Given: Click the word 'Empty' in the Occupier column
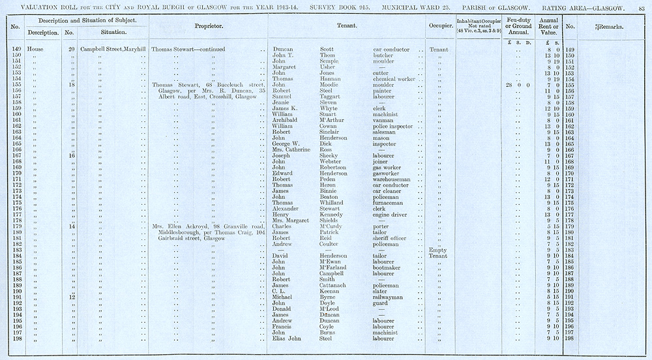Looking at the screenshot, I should (438, 250).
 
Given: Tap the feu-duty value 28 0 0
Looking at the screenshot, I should (516, 85).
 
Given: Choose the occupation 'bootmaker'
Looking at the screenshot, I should (388, 267).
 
